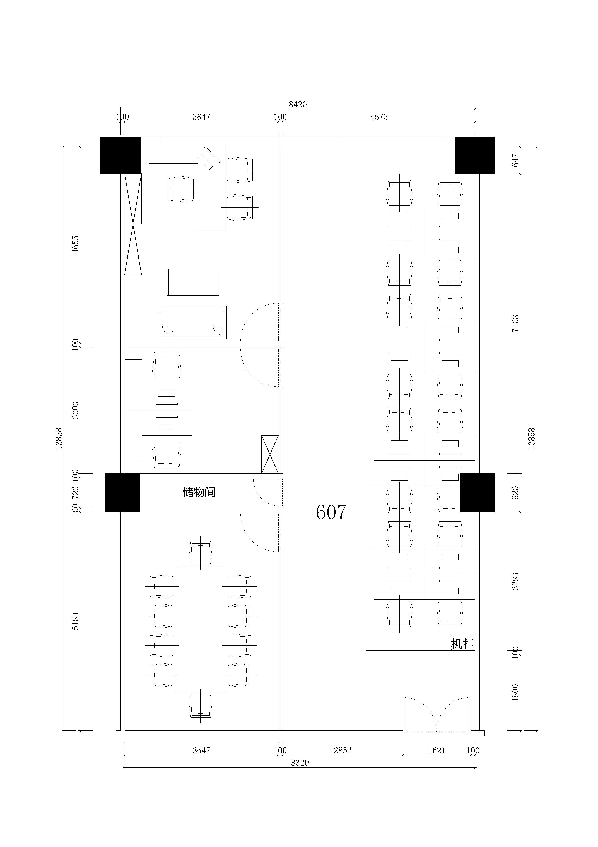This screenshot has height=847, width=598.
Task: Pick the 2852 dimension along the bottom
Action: pyautogui.click(x=343, y=750)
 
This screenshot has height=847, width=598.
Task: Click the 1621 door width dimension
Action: pyautogui.click(x=437, y=750)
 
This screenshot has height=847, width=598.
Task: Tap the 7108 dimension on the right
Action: pyautogui.click(x=515, y=324)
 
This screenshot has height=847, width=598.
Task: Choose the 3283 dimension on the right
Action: pyautogui.click(x=515, y=581)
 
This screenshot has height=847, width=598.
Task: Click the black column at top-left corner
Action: pyautogui.click(x=120, y=155)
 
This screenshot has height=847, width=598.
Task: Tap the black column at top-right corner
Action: pyautogui.click(x=475, y=155)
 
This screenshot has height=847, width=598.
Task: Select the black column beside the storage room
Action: pyautogui.click(x=123, y=493)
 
